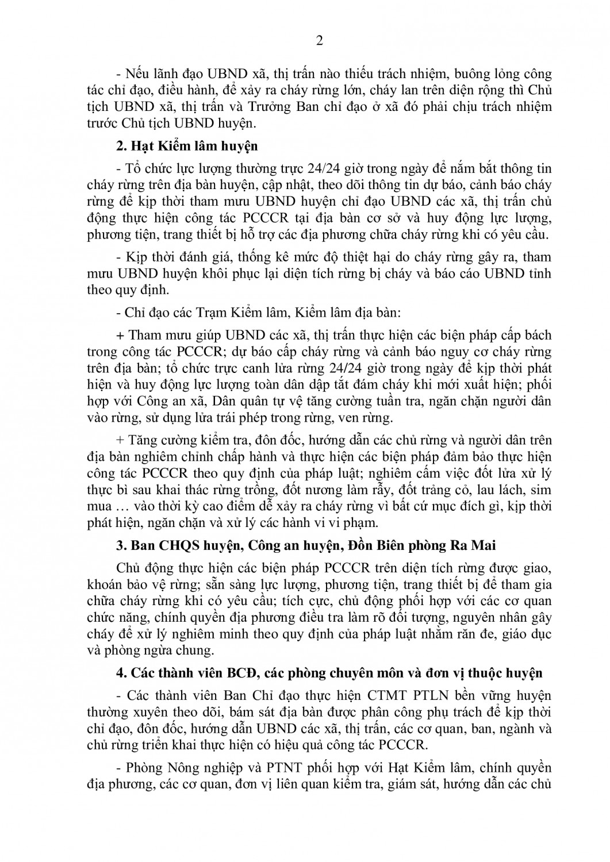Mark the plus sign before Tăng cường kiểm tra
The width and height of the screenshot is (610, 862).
[120, 441]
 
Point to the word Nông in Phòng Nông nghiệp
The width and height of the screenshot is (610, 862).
[173, 768]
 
